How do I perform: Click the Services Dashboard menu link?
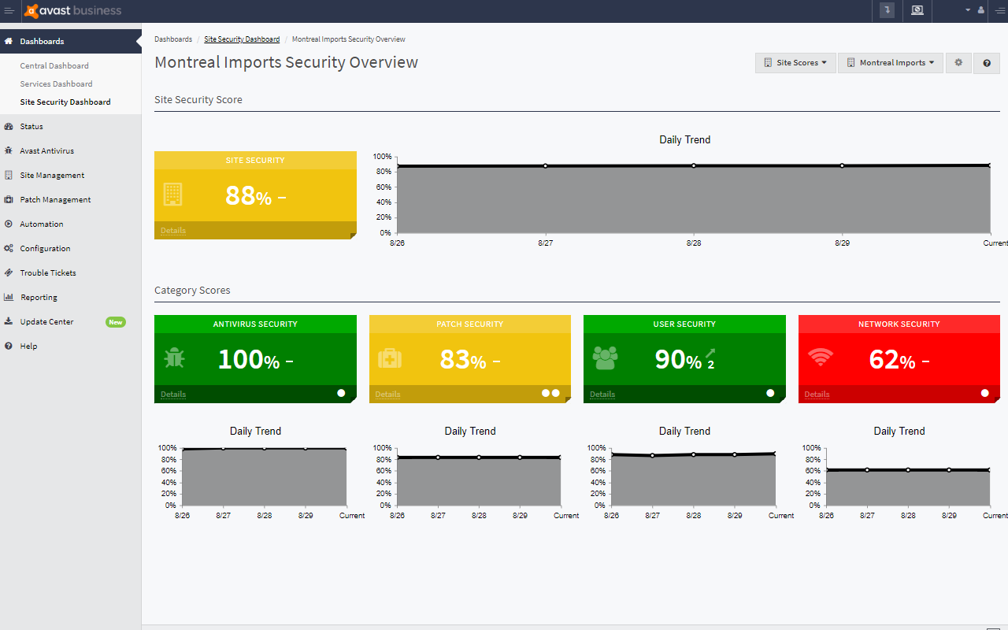[56, 83]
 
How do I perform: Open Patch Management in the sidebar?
[55, 200]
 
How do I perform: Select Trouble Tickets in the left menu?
[48, 273]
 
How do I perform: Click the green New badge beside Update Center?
[116, 322]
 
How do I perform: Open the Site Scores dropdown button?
[795, 63]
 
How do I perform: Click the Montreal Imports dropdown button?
[890, 63]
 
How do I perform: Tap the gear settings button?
[958, 63]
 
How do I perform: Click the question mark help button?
[987, 63]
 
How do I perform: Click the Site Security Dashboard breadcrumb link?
[242, 39]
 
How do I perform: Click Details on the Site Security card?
[173, 231]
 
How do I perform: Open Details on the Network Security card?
[817, 395]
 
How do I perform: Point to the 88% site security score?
[248, 195]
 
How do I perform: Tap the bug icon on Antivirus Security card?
[174, 358]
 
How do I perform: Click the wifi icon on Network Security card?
[820, 358]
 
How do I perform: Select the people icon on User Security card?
[605, 358]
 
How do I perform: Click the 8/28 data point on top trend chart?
[694, 165]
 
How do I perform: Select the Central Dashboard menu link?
[54, 66]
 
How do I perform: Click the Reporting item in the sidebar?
[39, 298]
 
